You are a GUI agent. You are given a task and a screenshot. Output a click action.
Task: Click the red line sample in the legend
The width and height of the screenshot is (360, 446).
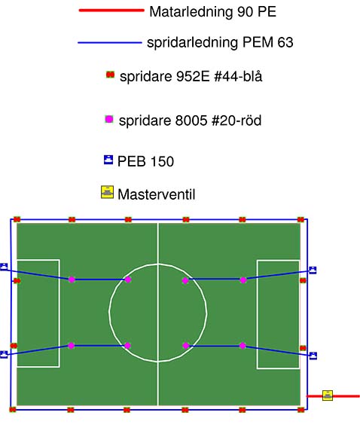111,11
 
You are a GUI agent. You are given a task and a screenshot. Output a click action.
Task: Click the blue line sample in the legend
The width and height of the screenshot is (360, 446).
110,43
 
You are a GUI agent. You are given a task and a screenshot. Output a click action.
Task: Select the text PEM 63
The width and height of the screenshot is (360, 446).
267,42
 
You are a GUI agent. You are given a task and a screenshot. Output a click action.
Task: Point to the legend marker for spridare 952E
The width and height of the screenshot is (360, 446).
110,75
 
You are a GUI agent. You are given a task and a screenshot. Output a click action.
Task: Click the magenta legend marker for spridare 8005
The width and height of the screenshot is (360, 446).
109,119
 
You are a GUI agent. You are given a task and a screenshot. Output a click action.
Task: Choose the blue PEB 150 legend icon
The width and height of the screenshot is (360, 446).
108,160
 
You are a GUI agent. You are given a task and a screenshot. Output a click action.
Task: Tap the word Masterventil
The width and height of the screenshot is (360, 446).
157,194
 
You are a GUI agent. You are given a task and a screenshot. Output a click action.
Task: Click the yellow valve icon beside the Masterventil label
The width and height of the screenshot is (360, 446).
107,192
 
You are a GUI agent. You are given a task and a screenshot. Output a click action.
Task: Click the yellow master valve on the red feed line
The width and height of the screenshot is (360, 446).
328,396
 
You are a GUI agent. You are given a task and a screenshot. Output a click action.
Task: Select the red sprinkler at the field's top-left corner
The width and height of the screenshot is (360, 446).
17,219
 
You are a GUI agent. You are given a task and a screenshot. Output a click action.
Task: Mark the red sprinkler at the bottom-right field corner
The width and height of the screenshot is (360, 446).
301,410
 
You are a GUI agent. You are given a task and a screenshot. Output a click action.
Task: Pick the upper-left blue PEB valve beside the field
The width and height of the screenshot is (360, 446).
4,267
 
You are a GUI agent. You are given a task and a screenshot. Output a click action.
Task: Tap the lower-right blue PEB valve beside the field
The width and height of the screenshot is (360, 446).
313,356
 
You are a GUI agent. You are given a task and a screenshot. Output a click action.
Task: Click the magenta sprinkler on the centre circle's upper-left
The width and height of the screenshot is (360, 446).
128,280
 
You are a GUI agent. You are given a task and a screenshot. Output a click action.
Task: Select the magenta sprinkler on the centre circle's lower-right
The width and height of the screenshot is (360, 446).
186,346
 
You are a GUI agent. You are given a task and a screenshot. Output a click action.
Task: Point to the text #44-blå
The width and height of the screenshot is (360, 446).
238,77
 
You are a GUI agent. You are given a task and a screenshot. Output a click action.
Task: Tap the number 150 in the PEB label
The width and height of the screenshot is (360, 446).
162,161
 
